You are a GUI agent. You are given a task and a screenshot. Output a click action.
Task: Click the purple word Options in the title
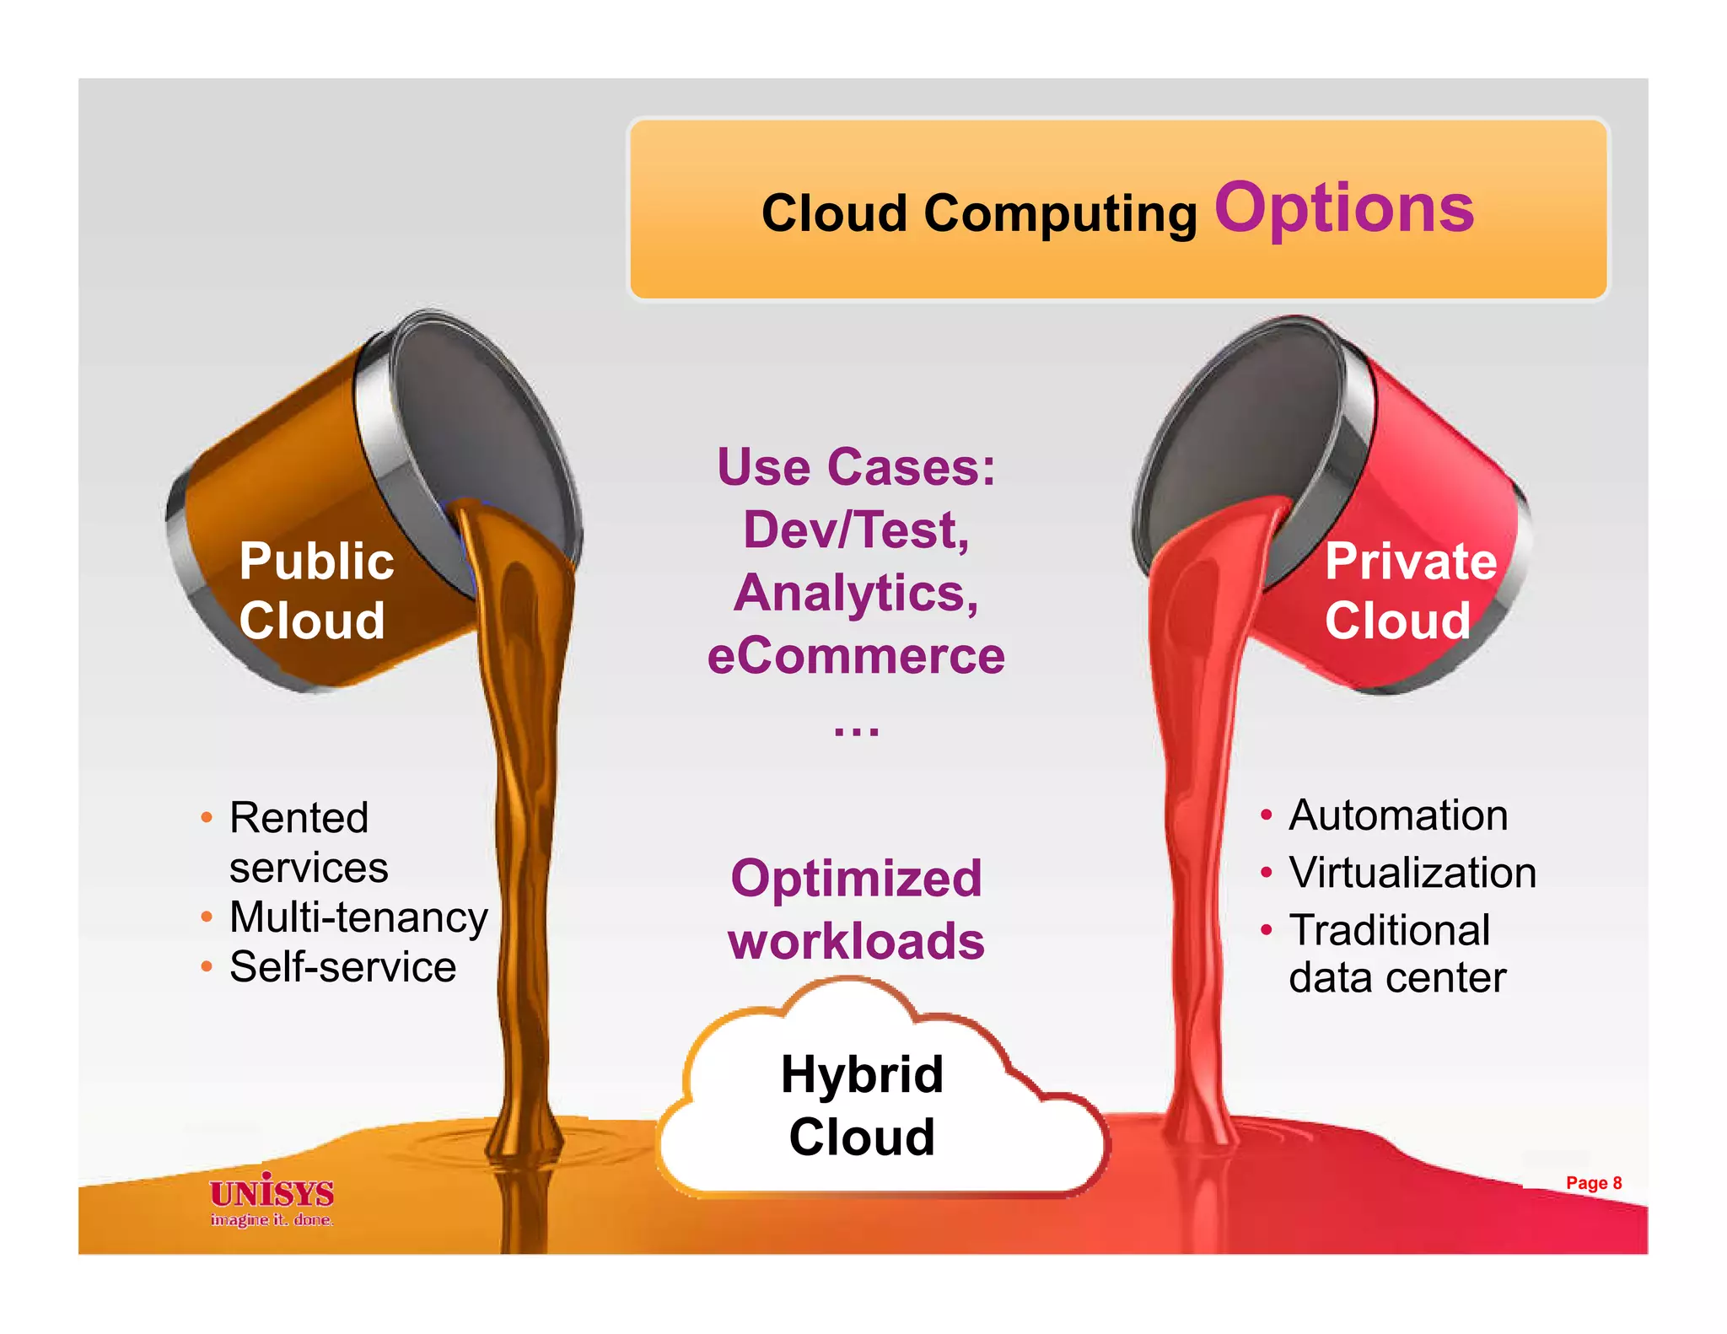1343,209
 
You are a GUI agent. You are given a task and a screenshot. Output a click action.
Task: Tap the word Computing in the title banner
1060,213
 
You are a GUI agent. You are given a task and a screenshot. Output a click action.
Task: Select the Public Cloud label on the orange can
315,590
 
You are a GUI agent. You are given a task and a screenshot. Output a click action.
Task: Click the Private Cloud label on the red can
1410,590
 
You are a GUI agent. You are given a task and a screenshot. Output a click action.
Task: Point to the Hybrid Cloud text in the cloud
862,1105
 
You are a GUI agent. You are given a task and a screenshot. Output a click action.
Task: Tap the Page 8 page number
1593,1183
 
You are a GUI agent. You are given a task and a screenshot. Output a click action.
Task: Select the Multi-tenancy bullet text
358,917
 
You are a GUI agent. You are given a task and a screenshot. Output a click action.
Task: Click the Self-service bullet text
342,967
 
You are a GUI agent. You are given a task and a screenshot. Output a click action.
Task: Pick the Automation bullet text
1398,815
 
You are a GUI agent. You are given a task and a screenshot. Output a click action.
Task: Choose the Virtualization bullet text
1412,873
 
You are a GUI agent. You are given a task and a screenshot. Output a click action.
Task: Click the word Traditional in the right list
1390,930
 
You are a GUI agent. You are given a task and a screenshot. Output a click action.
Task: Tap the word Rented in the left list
299,817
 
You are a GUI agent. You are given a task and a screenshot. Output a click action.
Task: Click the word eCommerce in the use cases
856,656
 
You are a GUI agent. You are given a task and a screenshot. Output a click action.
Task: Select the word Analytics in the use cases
856,593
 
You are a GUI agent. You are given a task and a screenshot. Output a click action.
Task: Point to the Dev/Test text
856,530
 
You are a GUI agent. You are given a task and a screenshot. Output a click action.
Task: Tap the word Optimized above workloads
856,878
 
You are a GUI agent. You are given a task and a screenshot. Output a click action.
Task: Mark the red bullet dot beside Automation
1266,815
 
